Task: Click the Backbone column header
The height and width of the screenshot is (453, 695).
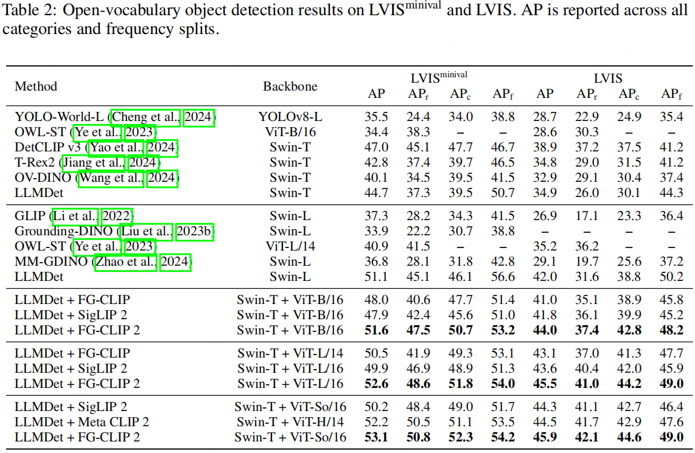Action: click(x=290, y=86)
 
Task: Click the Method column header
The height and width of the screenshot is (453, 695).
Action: click(x=36, y=86)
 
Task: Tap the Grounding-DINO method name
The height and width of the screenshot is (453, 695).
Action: click(x=63, y=232)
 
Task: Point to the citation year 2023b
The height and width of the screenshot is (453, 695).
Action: click(x=195, y=232)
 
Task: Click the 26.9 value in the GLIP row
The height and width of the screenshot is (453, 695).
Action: click(x=545, y=216)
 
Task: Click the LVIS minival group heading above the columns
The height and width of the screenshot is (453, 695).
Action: click(x=439, y=77)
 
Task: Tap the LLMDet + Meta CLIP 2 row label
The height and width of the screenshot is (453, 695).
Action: click(x=82, y=422)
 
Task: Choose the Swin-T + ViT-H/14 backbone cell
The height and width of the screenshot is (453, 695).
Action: click(x=290, y=422)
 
